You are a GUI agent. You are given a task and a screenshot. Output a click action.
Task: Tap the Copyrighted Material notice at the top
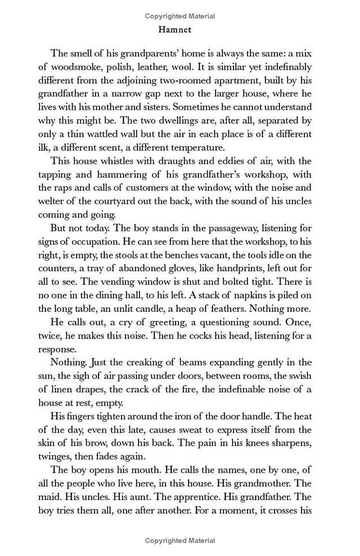[180, 16]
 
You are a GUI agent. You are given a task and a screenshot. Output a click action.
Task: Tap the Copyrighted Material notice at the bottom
[180, 540]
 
